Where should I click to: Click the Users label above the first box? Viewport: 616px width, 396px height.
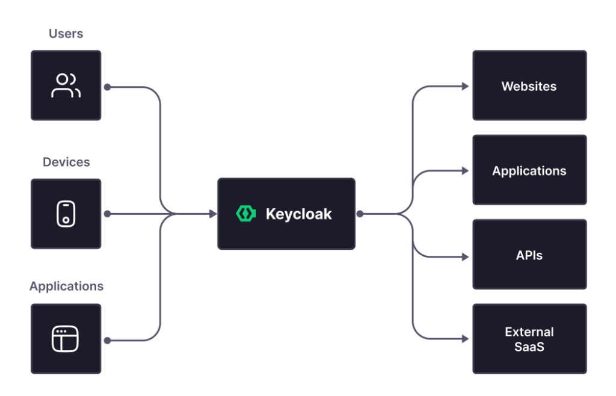[x=66, y=34]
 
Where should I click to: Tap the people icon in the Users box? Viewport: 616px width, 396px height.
[x=66, y=85]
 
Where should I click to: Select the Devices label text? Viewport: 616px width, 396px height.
[x=66, y=162]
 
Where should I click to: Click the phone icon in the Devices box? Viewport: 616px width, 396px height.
[x=66, y=214]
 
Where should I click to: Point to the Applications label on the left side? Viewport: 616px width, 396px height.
[x=66, y=286]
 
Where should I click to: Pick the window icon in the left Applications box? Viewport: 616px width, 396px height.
[x=66, y=339]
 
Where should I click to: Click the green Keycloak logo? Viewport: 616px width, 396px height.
[x=246, y=214]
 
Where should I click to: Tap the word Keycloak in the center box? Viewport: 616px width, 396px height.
[x=298, y=214]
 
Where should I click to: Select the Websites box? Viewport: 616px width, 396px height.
[x=529, y=86]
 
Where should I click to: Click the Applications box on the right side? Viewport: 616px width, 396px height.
[x=529, y=171]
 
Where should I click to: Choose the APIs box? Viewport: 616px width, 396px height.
[x=529, y=255]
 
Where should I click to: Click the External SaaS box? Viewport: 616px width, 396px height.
[x=529, y=339]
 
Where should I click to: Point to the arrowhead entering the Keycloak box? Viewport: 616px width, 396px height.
[x=212, y=214]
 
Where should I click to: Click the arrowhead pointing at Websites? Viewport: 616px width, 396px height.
[x=465, y=87]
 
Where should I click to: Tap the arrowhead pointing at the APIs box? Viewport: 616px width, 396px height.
[x=465, y=256]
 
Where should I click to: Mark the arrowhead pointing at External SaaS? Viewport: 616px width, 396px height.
[x=465, y=340]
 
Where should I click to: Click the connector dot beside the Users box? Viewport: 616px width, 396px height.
[x=107, y=87]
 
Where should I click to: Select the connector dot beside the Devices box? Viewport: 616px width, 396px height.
[x=107, y=214]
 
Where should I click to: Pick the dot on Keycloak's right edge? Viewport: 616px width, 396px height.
[x=360, y=214]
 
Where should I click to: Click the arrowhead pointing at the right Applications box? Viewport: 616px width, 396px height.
[x=465, y=171]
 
